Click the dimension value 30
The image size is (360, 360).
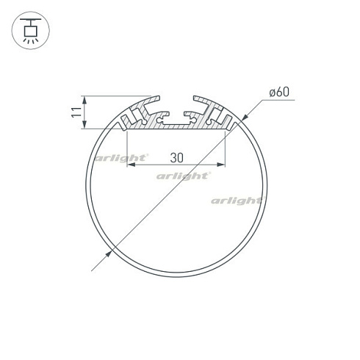tap(176, 157)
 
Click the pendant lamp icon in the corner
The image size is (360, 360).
tap(29, 30)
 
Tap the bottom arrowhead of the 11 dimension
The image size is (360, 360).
tap(86, 126)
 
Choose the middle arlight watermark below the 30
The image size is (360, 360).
tap(184, 176)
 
